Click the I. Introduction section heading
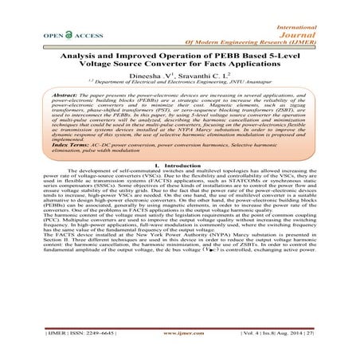tap(180, 208)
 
